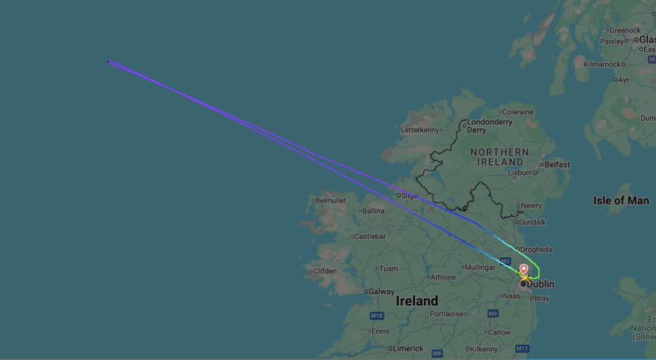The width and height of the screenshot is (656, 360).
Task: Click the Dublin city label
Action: click(540, 284)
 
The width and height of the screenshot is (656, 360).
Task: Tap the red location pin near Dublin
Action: click(523, 270)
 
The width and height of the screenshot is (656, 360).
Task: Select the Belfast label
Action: click(557, 165)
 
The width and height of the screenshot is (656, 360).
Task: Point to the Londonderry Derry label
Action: click(489, 126)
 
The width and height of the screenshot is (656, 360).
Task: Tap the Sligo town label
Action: click(409, 195)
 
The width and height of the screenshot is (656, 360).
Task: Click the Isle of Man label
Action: click(621, 200)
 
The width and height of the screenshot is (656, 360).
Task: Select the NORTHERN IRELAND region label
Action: click(499, 157)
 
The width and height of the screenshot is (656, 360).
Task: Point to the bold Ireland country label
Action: click(417, 301)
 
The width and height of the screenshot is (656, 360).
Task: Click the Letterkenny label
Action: click(420, 130)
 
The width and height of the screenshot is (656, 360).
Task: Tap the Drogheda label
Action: click(535, 250)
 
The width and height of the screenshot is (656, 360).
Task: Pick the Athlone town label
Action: click(443, 277)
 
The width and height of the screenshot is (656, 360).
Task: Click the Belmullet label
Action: click(331, 200)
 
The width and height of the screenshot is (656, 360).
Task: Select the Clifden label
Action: click(324, 271)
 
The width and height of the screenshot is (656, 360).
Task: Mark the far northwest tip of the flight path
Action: click(108, 60)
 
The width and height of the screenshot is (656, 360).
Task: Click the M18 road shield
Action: click(377, 315)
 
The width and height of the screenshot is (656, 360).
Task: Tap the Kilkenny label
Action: click(483, 349)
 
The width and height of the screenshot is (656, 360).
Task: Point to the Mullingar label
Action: click(479, 268)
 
